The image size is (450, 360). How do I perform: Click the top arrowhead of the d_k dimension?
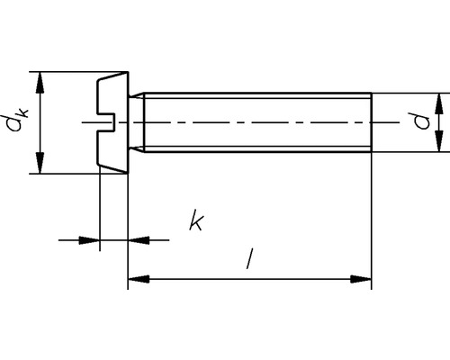click(x=40, y=80)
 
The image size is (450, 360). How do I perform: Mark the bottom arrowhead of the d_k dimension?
click(x=40, y=165)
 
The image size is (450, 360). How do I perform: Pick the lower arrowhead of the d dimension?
click(x=440, y=143)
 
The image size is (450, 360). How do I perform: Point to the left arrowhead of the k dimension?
click(x=90, y=239)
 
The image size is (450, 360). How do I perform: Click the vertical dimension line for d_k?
click(x=40, y=122)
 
